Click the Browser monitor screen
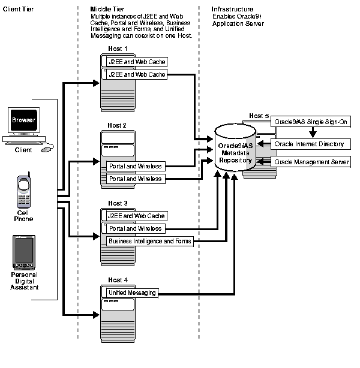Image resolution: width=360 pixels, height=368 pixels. coord(24,120)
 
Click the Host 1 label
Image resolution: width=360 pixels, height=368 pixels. coord(118,49)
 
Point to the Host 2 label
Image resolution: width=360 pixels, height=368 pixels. coord(117,125)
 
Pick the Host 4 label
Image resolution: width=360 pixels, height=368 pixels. coord(118,280)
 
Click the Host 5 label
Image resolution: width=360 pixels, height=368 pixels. coord(259,116)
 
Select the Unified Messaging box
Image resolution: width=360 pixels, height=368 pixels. coord(132,292)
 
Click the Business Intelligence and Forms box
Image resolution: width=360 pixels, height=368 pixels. coord(149,241)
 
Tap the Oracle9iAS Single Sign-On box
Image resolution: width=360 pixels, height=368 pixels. coord(311,122)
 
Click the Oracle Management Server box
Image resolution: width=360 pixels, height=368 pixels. coord(311,162)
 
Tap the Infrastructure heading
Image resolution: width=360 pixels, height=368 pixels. coord(232,10)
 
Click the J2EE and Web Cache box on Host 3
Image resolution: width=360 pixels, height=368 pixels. coord(136,216)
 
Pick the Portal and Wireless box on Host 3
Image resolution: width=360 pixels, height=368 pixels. coord(135,228)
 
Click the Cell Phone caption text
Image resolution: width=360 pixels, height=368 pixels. coord(24,215)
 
